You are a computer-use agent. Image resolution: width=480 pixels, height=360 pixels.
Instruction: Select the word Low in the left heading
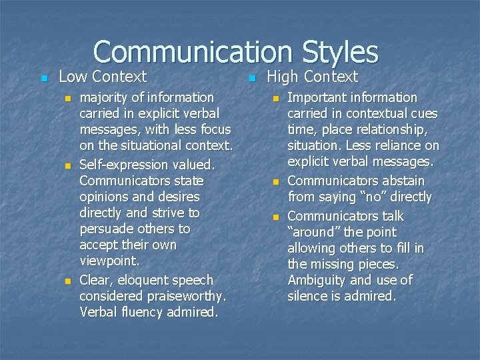click(73, 77)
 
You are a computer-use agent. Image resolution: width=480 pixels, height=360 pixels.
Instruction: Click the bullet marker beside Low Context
click(43, 79)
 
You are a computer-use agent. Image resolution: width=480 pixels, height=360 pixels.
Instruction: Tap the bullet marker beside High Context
click(251, 79)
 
